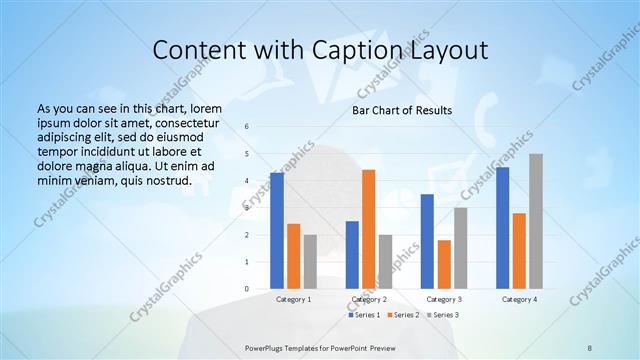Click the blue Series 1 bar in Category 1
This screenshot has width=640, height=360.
pos(276,231)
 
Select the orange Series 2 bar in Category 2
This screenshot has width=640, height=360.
pos(368,229)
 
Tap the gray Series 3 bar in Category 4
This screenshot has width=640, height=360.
pos(536,221)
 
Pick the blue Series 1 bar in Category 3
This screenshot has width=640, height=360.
pos(427,241)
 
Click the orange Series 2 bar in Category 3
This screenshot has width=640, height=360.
pos(444,264)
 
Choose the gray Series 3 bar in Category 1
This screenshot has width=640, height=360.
pos(310,262)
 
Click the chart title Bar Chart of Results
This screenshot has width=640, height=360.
pos(402,110)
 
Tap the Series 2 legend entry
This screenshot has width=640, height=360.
pos(402,315)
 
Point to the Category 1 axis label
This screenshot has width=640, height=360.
pos(293,299)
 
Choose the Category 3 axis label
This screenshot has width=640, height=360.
pos(444,299)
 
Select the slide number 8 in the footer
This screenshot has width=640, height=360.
pos(590,348)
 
